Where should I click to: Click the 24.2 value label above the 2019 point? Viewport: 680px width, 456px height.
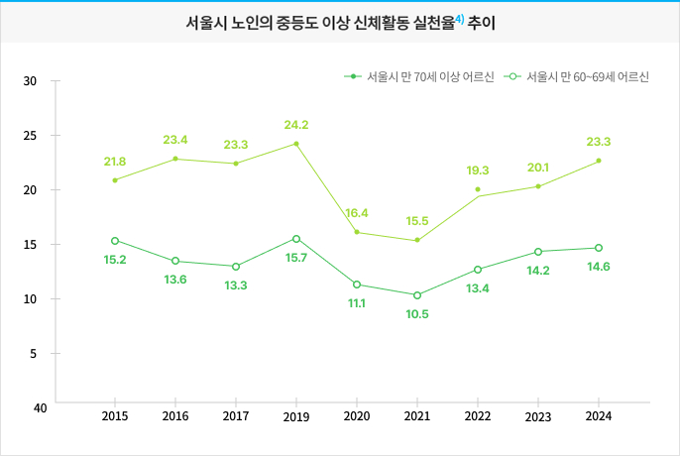coord(296,125)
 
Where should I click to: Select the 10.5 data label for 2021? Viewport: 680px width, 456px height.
coord(417,314)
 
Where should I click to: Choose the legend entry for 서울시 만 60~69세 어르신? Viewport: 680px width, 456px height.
coord(577,76)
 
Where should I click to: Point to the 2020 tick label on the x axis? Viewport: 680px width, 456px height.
coord(357,416)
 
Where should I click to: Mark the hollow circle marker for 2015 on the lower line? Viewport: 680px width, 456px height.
coord(115,241)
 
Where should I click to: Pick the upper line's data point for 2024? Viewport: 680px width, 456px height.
coord(599,161)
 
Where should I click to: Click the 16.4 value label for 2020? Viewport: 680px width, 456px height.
coord(357,213)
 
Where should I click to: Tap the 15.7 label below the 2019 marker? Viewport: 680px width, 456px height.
coord(296,258)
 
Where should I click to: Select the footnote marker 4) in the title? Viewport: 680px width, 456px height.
coord(460,19)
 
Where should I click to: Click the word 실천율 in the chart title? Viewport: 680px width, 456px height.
coord(430,22)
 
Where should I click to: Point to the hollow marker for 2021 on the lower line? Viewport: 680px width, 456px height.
coord(417,295)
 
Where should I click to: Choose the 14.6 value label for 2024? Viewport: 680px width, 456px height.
coord(599,267)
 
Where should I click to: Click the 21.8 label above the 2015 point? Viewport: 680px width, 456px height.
coord(115,161)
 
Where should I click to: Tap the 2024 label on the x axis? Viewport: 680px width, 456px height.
coord(599,416)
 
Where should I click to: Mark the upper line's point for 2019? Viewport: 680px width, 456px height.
coord(296,144)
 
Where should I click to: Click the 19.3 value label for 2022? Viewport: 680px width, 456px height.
coord(478,171)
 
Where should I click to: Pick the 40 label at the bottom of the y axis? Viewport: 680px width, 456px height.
coord(40,407)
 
